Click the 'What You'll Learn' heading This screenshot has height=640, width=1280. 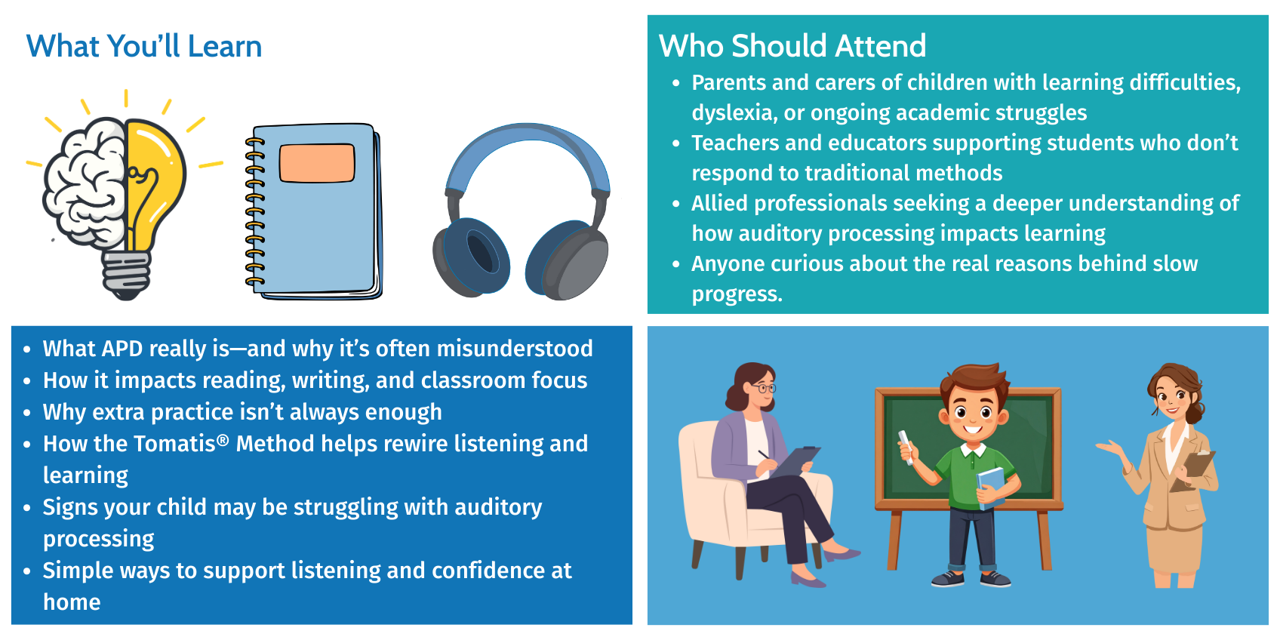coord(144,46)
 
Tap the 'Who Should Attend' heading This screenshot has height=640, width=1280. coord(792,46)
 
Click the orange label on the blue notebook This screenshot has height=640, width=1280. coord(317,163)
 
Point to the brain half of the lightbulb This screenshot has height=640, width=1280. coord(86,183)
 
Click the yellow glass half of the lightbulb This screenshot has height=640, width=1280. coord(153,177)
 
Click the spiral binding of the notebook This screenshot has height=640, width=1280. coord(255,211)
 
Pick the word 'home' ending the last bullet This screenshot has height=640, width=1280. coord(72,602)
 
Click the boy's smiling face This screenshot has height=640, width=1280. coord(973,414)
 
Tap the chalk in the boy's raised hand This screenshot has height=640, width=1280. coord(906,447)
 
